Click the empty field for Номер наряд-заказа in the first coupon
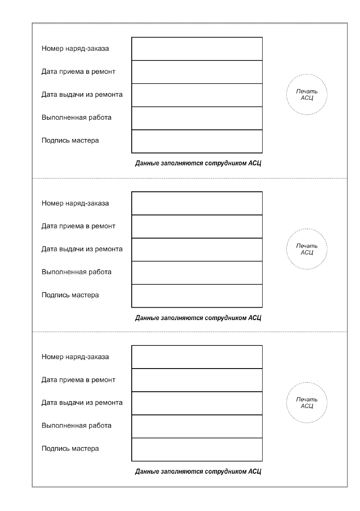197,49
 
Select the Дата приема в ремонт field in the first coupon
197,72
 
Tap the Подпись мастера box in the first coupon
197,141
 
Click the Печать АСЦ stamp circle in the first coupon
307,95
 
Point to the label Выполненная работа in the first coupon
76,118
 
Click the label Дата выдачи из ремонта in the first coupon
82,94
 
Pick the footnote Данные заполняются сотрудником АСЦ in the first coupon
198,163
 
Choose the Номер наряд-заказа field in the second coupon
197,203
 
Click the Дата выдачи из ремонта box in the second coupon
197,250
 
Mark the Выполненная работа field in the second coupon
197,273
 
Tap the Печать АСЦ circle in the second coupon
307,249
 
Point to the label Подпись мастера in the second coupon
70,295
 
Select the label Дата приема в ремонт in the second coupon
79,226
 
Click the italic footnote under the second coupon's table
198,318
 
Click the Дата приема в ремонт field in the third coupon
197,380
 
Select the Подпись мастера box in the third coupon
197,449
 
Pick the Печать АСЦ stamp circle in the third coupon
307,403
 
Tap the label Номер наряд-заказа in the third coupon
75,357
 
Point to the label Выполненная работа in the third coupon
76,426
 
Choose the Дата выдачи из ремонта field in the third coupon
197,403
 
